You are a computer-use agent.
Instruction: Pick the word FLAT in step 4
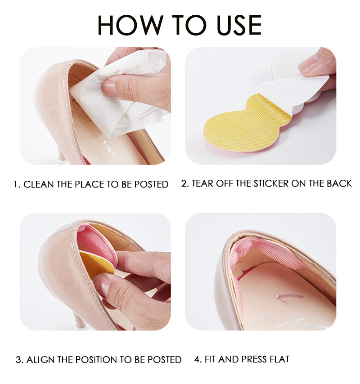coord(279,359)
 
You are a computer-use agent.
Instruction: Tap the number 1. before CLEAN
coord(17,184)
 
